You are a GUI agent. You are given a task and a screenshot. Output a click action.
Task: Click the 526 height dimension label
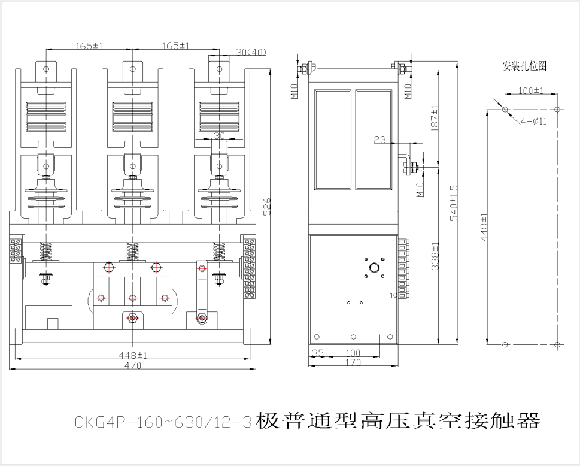(x=268, y=207)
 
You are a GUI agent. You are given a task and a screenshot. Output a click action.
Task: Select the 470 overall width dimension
(x=132, y=365)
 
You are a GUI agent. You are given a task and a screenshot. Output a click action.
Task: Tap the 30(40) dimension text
(x=251, y=52)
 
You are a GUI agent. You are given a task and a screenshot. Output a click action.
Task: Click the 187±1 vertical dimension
(x=435, y=118)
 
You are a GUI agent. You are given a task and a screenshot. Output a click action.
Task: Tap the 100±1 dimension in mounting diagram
(x=530, y=91)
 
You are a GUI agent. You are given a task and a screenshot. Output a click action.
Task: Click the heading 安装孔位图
(x=524, y=66)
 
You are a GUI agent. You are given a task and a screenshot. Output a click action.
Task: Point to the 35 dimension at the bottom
(x=318, y=354)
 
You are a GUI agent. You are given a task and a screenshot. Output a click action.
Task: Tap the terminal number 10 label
(x=394, y=295)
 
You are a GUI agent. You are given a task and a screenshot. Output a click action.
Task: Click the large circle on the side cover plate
(x=375, y=268)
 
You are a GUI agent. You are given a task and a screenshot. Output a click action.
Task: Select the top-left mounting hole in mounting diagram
(x=505, y=110)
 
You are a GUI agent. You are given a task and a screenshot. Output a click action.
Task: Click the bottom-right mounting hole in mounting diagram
(x=557, y=345)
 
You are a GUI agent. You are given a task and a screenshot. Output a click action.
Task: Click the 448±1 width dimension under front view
(x=132, y=355)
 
